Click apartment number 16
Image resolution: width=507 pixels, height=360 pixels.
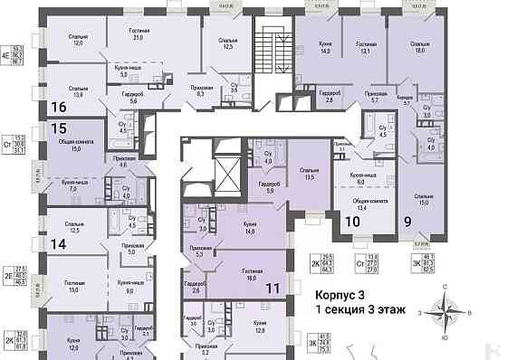[x=60, y=107]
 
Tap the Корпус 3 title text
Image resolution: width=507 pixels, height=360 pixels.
[x=340, y=295]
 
